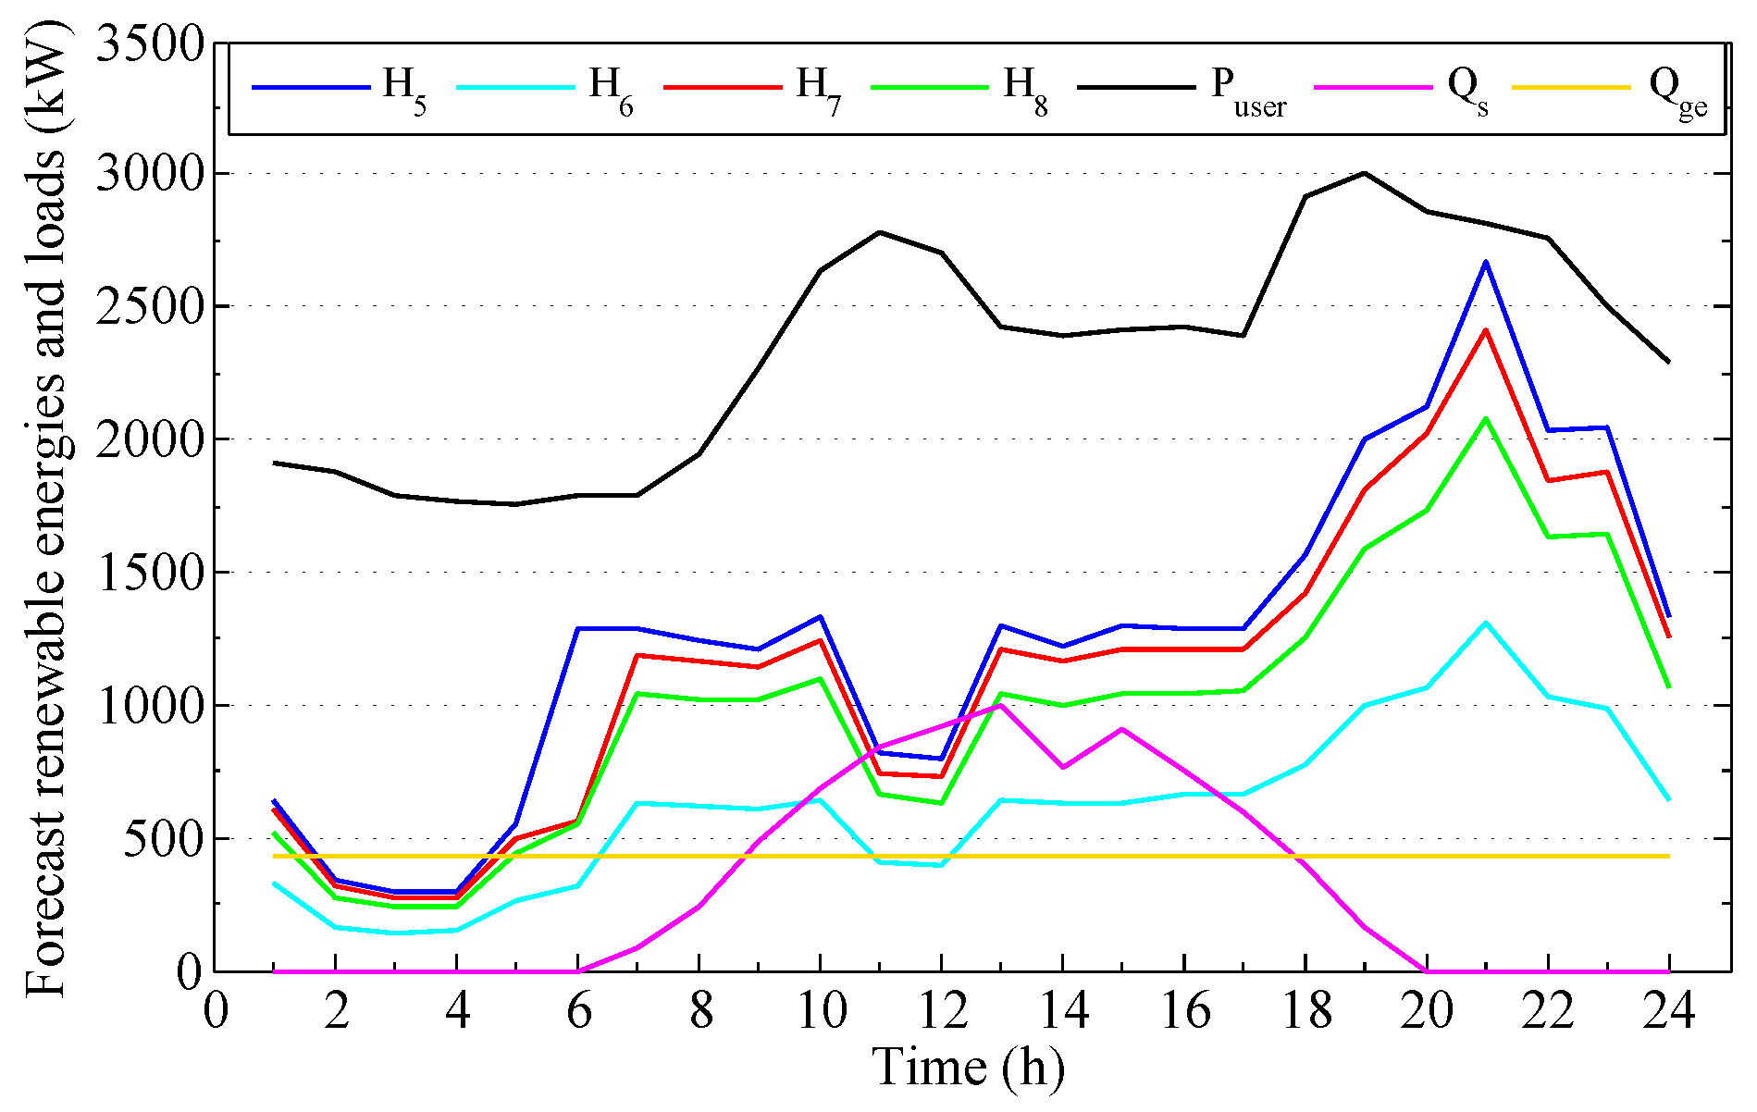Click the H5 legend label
point(404,90)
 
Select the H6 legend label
point(612,90)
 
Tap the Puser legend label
point(1248,90)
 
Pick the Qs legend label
point(1467,90)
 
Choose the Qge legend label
point(1677,90)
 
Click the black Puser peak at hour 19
point(1365,173)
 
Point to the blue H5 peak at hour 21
point(1486,262)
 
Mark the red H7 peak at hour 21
point(1486,330)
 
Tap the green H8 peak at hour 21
point(1486,419)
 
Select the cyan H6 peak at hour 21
point(1486,623)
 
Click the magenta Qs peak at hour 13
point(1000,705)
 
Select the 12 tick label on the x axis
point(941,1010)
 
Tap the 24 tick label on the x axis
point(1668,1010)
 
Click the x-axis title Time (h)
point(968,1068)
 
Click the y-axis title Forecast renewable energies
point(46,518)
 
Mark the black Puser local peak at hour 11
point(879,232)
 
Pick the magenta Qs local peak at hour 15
point(1121,729)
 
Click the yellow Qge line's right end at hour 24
point(1668,856)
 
